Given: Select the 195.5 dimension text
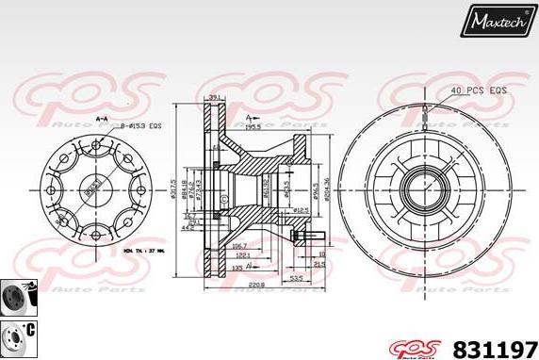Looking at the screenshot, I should coord(253,124).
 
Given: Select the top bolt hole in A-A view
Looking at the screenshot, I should coord(95,146).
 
